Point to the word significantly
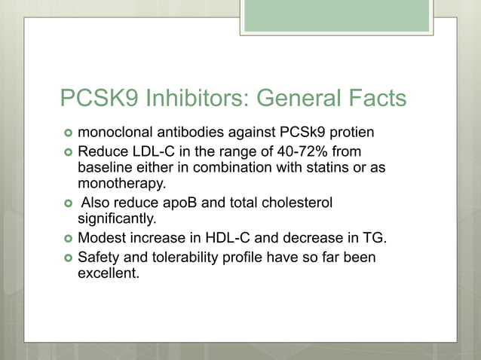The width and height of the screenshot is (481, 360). (x=116, y=219)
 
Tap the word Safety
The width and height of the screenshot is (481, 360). (x=100, y=258)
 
